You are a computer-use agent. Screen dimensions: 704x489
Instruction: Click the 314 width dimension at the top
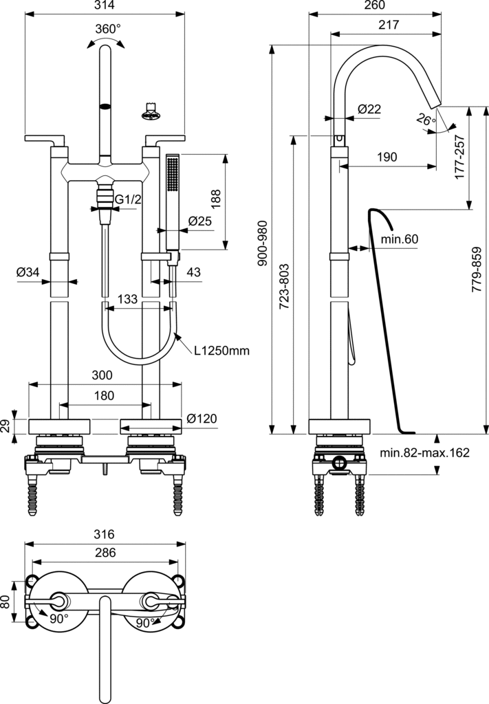click(x=105, y=5)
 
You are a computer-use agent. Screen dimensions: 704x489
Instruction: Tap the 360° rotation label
click(x=107, y=29)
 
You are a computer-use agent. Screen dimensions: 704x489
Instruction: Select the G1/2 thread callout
click(x=128, y=199)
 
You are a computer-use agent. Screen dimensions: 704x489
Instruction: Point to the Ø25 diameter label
click(x=199, y=221)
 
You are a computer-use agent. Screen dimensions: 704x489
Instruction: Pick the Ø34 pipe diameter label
click(x=28, y=273)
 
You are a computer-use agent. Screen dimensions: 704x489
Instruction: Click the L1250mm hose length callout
click(x=221, y=351)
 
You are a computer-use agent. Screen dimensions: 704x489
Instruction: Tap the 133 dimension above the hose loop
click(x=127, y=300)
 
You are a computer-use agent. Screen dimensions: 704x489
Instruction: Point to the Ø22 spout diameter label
click(x=369, y=109)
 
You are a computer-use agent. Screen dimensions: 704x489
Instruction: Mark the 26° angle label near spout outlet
click(x=426, y=120)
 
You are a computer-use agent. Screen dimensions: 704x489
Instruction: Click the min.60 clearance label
click(x=400, y=239)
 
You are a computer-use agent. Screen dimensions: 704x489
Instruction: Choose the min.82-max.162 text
click(x=424, y=453)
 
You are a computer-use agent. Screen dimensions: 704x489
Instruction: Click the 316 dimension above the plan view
click(x=105, y=534)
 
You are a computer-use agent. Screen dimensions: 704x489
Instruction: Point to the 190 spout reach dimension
click(x=387, y=157)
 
